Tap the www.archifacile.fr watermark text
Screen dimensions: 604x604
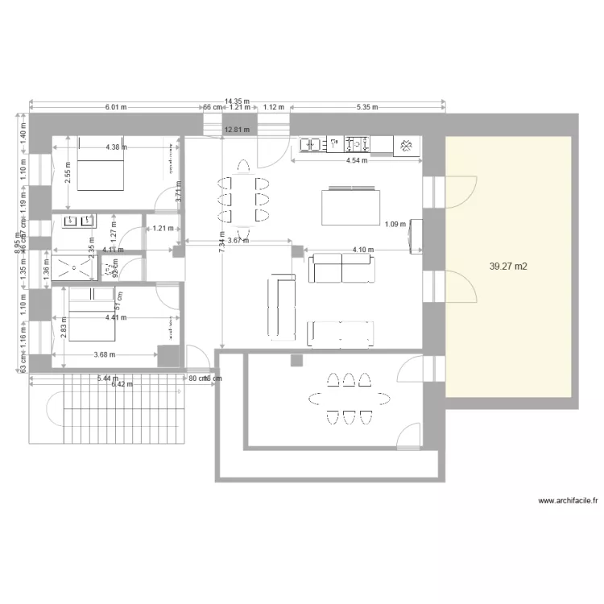point(567,500)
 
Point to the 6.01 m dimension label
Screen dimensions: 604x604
point(117,107)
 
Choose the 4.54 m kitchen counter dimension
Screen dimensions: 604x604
point(355,160)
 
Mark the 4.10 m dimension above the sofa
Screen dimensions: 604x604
point(363,250)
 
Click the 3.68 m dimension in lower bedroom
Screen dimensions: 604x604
point(104,354)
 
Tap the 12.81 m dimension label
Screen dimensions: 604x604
point(237,129)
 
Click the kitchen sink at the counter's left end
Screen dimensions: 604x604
point(311,145)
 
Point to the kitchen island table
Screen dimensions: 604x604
point(350,206)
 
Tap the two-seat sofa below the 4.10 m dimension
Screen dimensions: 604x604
point(341,269)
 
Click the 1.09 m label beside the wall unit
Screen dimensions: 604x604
point(395,224)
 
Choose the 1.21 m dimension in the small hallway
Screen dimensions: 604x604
point(163,228)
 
